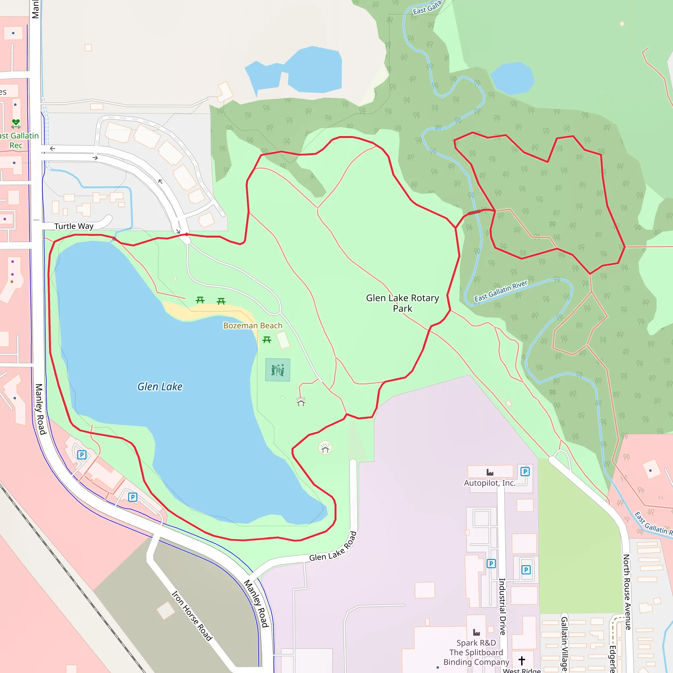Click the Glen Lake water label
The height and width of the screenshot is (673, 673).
point(160,387)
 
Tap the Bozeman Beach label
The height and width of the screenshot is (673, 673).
point(253,325)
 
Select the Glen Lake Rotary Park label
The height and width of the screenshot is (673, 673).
point(402,303)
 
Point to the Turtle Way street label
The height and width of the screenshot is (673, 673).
point(74,226)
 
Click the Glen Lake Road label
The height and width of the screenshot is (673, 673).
point(333,547)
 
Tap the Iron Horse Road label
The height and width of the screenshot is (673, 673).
point(192,616)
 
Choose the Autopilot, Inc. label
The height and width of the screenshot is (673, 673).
point(489,483)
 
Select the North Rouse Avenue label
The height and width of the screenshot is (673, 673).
point(627,592)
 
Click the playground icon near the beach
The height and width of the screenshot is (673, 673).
point(278,370)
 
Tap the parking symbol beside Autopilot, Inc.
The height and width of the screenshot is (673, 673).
point(525,472)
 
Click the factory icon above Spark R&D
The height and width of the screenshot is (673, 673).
point(476,632)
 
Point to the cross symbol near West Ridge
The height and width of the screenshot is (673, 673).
point(522,661)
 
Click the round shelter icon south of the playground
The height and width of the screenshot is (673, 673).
point(325,448)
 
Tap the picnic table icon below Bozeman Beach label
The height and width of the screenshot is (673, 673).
point(267,340)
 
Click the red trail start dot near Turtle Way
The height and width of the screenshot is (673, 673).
point(187,234)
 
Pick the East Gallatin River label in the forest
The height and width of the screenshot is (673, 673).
point(501,291)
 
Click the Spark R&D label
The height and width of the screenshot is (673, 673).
point(476,643)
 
